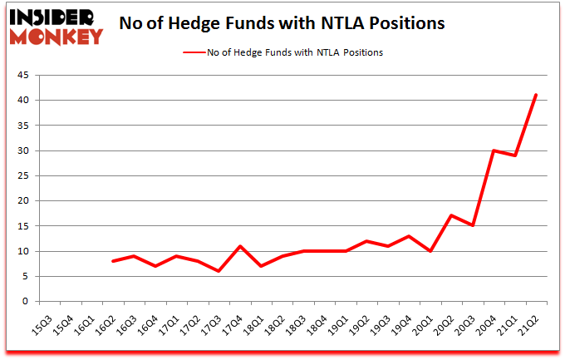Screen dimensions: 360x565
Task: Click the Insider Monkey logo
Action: pos(56,26)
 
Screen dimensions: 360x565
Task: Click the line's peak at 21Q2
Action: pos(537,95)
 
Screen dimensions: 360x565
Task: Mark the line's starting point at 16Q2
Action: pos(112,261)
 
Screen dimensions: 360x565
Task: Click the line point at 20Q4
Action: pos(494,150)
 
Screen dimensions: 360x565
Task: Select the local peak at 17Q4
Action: pos(239,246)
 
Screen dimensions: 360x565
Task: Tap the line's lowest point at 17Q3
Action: pos(219,271)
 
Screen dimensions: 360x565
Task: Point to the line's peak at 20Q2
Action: pos(451,216)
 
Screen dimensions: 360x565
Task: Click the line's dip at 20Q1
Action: pos(430,251)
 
